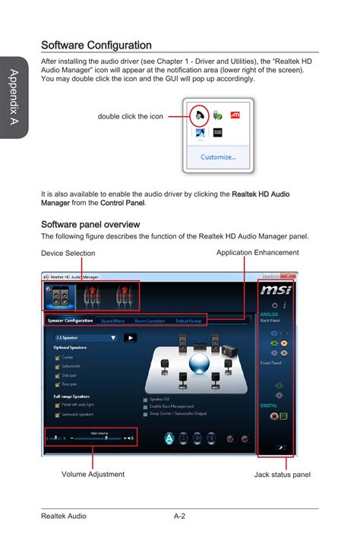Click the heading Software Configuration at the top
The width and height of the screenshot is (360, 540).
(x=96, y=46)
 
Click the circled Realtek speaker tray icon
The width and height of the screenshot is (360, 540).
(x=199, y=116)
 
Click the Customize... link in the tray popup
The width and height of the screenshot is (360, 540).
(x=217, y=157)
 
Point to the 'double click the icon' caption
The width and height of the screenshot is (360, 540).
(x=130, y=116)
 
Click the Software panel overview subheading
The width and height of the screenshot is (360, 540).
(x=90, y=224)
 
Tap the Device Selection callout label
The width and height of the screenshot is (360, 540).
(x=68, y=254)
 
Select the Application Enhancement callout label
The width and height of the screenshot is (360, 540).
(x=257, y=252)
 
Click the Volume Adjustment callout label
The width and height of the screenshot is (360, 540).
(x=93, y=474)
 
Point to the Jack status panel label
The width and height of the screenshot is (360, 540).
(x=282, y=475)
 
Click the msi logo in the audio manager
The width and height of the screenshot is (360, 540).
(x=273, y=290)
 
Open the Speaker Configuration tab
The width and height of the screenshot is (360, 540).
(x=71, y=321)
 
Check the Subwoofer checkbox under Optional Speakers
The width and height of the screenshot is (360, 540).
(x=57, y=365)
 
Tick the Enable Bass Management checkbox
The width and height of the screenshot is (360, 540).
(x=145, y=406)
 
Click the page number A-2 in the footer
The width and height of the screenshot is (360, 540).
(x=180, y=516)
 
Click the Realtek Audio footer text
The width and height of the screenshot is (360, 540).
(x=63, y=516)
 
